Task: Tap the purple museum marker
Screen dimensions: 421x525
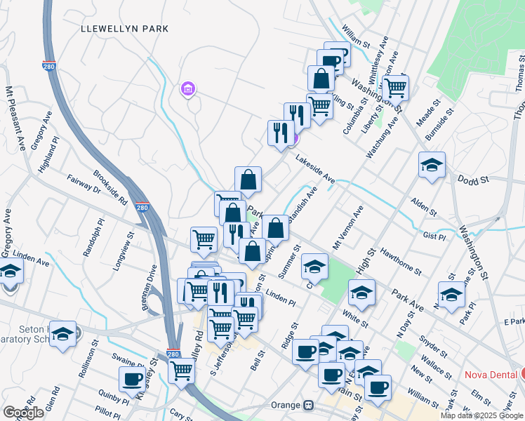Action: click(x=188, y=89)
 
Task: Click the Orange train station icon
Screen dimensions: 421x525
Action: click(x=307, y=406)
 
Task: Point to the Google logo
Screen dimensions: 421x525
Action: click(x=23, y=413)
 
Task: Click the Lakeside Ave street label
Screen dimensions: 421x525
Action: click(x=314, y=171)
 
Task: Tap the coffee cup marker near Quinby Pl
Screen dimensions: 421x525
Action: click(x=132, y=379)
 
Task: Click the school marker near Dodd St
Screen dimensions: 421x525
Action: click(x=432, y=165)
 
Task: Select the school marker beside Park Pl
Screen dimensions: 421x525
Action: click(x=451, y=294)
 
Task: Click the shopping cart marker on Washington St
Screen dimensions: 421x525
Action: click(x=396, y=88)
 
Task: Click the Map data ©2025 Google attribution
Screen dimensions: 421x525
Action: click(x=481, y=415)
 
